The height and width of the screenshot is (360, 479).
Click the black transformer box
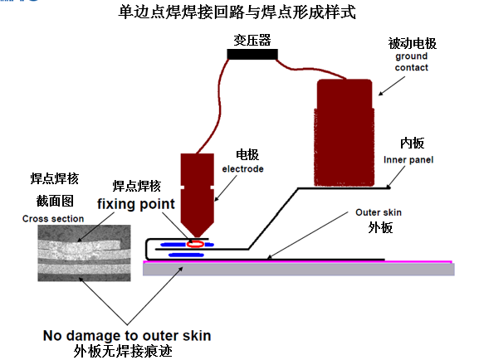[x=252, y=55]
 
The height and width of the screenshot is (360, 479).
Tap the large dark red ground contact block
[x=345, y=133]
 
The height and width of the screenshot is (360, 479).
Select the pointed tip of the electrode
[x=197, y=236]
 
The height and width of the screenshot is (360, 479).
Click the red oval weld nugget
[x=196, y=244]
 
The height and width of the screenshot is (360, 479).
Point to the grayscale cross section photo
[x=84, y=253]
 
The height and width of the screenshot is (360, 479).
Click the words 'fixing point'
[x=136, y=204]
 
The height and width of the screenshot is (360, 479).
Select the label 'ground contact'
[x=412, y=61]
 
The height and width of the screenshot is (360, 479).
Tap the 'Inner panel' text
[x=408, y=160]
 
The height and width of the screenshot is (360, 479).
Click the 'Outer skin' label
[x=379, y=212]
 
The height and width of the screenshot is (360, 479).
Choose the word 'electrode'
[x=243, y=169]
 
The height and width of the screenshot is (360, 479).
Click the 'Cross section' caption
[x=53, y=219]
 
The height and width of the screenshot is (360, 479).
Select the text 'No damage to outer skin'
[x=127, y=336]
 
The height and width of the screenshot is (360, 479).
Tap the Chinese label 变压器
[x=252, y=40]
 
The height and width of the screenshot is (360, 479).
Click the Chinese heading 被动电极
[x=412, y=43]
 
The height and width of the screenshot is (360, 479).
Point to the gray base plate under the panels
[x=299, y=270]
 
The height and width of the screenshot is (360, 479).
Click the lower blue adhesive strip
[x=186, y=255]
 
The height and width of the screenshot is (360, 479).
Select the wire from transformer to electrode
[x=218, y=104]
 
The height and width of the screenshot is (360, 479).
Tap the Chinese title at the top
[x=237, y=12]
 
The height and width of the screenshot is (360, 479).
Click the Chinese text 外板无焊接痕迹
[x=123, y=351]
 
